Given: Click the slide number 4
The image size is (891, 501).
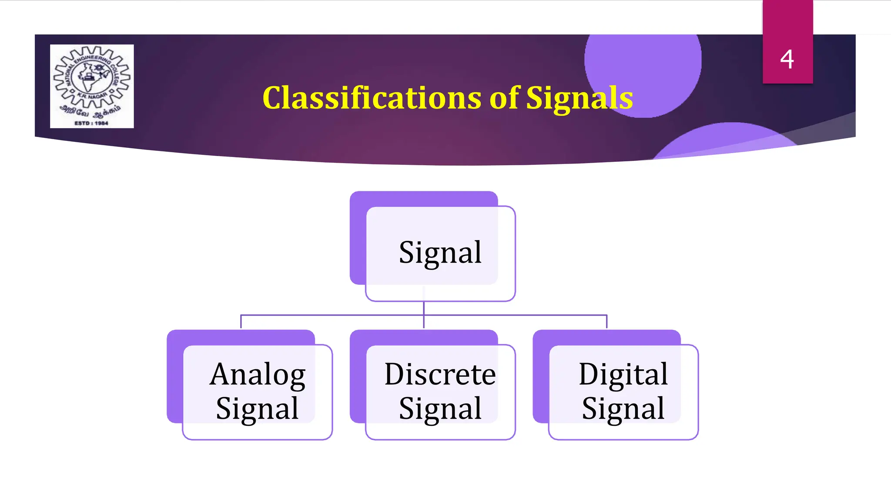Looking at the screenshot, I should point(787,59).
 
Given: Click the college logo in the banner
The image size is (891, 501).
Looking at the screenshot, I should point(92,86).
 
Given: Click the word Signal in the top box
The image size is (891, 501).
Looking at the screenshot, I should point(440,253).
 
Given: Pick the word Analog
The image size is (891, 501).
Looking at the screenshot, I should point(258,374).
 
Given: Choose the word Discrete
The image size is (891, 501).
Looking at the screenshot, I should point(440,374).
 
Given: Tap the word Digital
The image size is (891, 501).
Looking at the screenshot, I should point(623,374).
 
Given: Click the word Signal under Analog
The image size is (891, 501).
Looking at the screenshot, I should point(258,409).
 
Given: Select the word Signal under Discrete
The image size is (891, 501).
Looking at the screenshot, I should point(440,409).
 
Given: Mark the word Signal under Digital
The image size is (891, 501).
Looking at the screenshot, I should point(623,409).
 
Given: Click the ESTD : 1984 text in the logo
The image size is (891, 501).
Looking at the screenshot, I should point(91,123).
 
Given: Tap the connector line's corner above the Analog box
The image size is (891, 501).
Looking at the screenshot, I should point(241,315).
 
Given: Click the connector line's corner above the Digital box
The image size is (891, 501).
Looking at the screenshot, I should point(606,315).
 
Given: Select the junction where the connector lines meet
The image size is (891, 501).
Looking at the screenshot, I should point(424,315).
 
